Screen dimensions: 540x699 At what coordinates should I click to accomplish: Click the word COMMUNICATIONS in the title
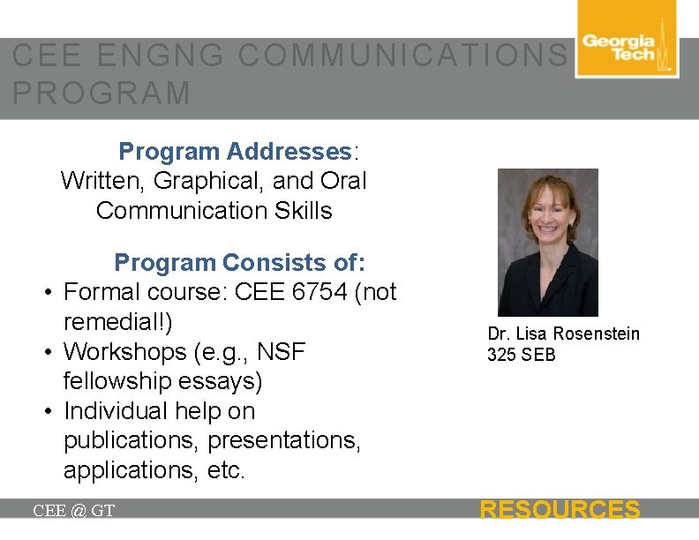pos(402,56)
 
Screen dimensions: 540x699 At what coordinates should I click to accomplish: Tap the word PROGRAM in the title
pos(102,94)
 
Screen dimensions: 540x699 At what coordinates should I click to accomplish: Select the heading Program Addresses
pos(236,152)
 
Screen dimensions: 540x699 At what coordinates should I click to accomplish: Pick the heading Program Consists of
pos(239,263)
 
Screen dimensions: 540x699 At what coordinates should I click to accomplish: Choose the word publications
pos(132,440)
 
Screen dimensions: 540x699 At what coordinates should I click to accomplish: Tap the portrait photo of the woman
pos(547,243)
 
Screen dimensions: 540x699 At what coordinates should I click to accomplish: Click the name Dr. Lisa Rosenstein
pos(563,334)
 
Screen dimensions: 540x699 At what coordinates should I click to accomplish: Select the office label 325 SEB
pos(521,355)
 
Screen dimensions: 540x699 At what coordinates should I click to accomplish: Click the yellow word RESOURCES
pos(559,510)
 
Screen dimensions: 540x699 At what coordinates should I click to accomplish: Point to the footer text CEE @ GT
pos(73,511)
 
